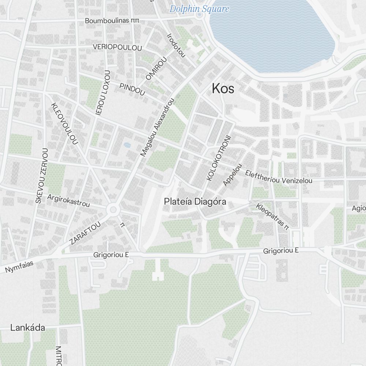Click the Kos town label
click(223, 89)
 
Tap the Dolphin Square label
click(199, 9)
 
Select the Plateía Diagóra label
click(195, 202)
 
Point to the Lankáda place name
click(27, 328)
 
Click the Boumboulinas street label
click(112, 21)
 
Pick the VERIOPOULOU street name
click(117, 48)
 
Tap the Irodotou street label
click(176, 46)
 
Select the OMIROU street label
click(156, 68)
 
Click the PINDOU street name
click(132, 89)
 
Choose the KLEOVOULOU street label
click(65, 123)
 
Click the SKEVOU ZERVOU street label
click(42, 176)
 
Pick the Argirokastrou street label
click(68, 201)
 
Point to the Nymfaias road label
click(19, 267)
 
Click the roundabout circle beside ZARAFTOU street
click(113, 210)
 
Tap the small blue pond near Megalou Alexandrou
click(127, 145)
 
